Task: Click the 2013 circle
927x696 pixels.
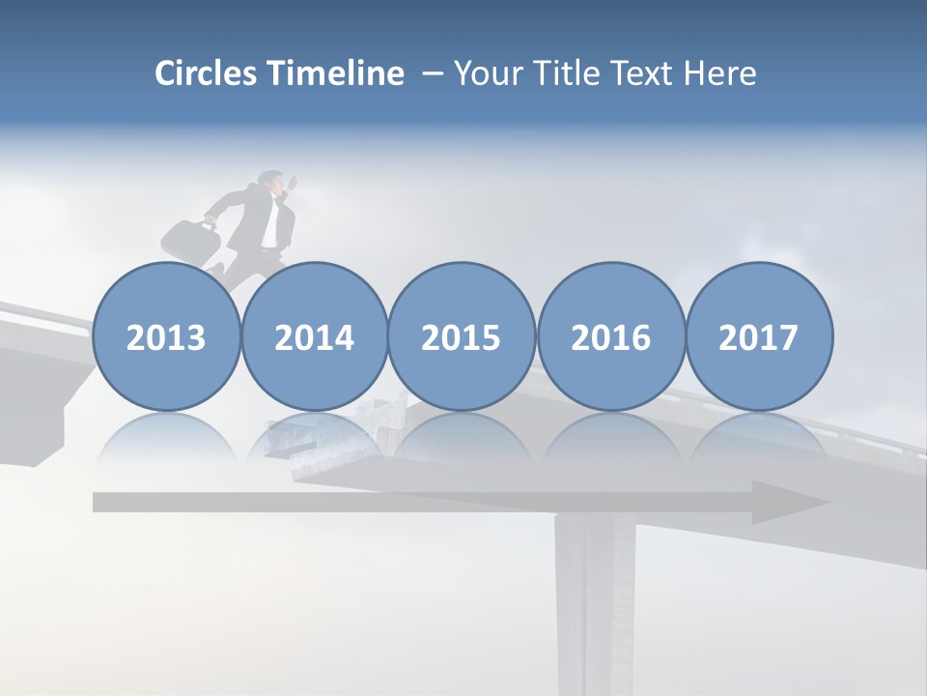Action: tap(166, 337)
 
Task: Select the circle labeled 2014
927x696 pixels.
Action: tap(315, 337)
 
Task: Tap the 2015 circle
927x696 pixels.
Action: tap(462, 337)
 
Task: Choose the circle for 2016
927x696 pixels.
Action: tap(611, 337)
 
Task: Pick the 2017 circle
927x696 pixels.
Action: tap(759, 337)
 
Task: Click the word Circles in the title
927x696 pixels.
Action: tap(206, 73)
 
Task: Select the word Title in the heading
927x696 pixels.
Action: tap(563, 73)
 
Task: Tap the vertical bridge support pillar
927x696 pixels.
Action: tap(583, 599)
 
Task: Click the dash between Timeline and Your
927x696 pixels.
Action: tap(432, 73)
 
